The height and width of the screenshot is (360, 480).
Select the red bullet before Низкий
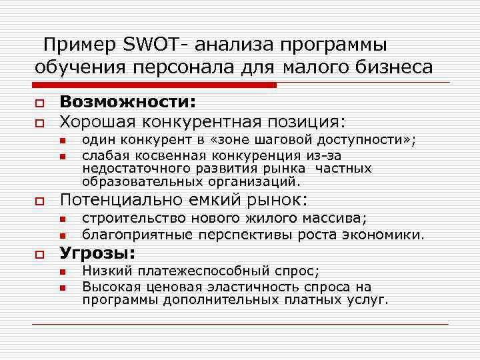tap(61, 271)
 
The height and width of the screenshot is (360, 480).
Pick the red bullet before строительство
tap(61, 219)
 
